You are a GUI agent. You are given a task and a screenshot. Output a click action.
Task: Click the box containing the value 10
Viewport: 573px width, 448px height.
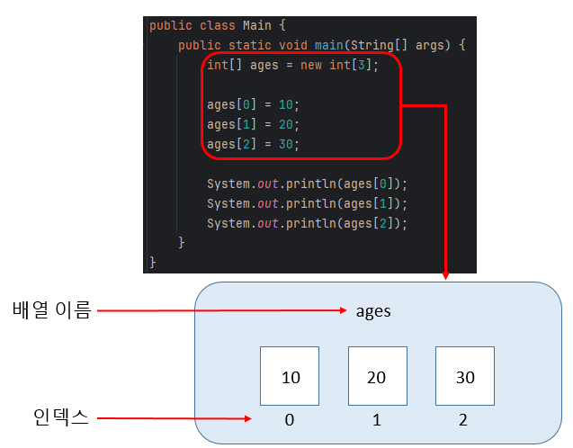click(x=291, y=377)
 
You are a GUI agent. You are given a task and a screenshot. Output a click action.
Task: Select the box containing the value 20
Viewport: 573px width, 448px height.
click(x=378, y=377)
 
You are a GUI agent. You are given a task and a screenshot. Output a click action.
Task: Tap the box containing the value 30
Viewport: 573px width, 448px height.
click(x=465, y=377)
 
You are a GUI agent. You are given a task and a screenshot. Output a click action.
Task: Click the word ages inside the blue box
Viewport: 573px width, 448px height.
click(x=373, y=311)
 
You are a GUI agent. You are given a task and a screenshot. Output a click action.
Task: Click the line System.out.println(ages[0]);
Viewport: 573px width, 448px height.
click(x=307, y=184)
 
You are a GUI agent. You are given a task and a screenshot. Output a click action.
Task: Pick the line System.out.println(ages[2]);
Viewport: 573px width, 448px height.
click(x=307, y=223)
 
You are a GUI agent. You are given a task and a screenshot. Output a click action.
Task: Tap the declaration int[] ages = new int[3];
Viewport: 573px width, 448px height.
click(x=292, y=65)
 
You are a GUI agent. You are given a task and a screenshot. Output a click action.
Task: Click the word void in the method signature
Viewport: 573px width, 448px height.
click(x=293, y=45)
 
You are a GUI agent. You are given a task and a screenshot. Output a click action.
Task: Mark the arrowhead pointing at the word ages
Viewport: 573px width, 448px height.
click(x=344, y=312)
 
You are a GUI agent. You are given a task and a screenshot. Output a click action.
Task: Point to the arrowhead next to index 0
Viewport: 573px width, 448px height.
click(x=248, y=418)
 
